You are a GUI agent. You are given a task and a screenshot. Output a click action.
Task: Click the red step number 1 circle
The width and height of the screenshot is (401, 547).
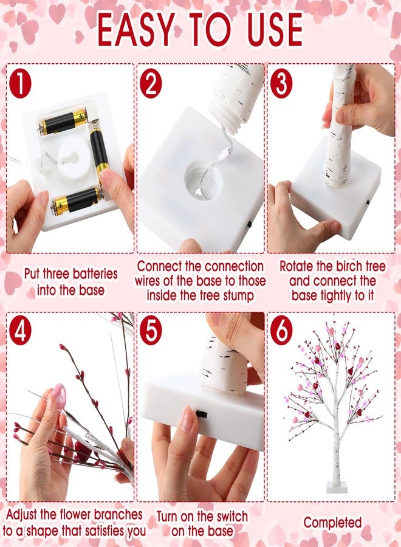click(20, 84)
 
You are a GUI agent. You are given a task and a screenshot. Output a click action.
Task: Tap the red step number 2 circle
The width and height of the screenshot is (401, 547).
click(151, 84)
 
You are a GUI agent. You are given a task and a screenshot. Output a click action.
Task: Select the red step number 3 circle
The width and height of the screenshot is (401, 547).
click(281, 84)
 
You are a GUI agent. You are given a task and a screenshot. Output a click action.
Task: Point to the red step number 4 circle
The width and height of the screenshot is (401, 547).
click(20, 332)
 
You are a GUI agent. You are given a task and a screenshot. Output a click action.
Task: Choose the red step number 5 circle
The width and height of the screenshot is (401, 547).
click(151, 332)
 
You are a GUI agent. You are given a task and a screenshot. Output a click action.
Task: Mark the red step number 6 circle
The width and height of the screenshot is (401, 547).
click(281, 332)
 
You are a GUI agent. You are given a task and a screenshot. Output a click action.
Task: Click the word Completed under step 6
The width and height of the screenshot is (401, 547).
click(332, 523)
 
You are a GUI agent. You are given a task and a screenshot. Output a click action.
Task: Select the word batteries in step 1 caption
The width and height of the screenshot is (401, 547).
click(89, 274)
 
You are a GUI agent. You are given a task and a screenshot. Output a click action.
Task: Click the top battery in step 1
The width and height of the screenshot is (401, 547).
click(63, 122)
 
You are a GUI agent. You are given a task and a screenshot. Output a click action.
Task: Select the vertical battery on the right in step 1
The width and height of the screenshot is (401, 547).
click(100, 156)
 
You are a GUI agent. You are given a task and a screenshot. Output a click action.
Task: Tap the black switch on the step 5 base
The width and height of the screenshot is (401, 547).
click(201, 414)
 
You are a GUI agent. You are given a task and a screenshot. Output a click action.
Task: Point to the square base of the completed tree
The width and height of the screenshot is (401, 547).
click(337, 486)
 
